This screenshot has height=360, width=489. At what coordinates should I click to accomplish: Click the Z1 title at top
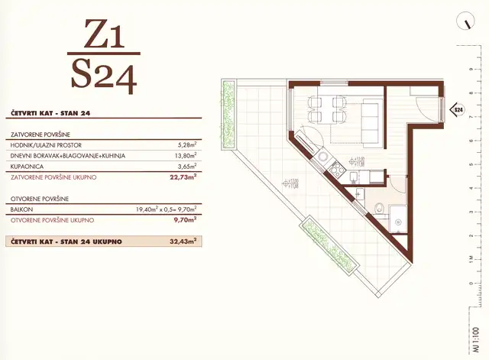tap(102, 36)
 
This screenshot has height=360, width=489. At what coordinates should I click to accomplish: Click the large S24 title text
tap(102, 75)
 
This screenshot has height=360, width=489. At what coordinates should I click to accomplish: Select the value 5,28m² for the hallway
tap(187, 144)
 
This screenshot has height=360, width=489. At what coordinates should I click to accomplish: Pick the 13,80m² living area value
tap(186, 155)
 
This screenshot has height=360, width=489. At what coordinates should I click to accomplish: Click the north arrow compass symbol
tap(463, 22)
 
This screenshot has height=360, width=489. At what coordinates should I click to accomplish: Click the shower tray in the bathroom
tap(400, 218)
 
